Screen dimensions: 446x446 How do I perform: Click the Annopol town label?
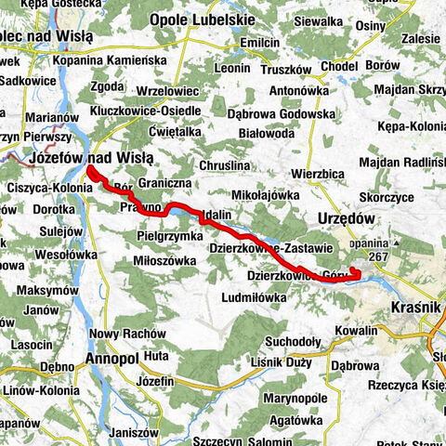click(x=111, y=357)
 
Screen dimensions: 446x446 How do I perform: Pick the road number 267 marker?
click(x=378, y=256)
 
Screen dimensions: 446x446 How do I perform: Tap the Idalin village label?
click(x=216, y=215)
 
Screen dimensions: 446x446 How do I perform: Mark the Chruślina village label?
click(x=251, y=165)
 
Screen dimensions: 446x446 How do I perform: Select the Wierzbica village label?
click(x=318, y=174)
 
